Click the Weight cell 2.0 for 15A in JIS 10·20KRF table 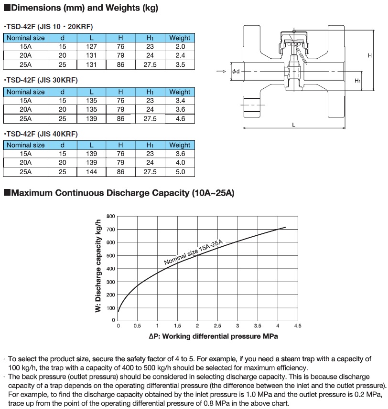pyautogui.click(x=180, y=47)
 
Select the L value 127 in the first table pyautogui.click(x=92, y=47)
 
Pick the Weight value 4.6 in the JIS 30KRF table pyautogui.click(x=180, y=119)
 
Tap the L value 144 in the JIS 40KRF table pyautogui.click(x=92, y=172)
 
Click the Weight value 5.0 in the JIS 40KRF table pyautogui.click(x=180, y=172)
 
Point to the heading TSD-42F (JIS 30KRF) pyautogui.click(x=40, y=80)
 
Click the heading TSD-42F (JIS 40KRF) pyautogui.click(x=40, y=133)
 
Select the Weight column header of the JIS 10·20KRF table pyautogui.click(x=180, y=38)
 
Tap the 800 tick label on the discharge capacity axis pyautogui.click(x=110, y=216)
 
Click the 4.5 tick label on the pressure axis pyautogui.click(x=297, y=326)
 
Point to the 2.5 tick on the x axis pyautogui.click(x=217, y=326)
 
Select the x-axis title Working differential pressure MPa pyautogui.click(x=213, y=336)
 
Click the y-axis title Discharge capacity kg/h pyautogui.click(x=99, y=265)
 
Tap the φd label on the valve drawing pyautogui.click(x=236, y=72)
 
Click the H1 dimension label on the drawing pyautogui.click(x=357, y=81)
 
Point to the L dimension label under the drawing pyautogui.click(x=293, y=124)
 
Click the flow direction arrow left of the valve pyautogui.click(x=220, y=72)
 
